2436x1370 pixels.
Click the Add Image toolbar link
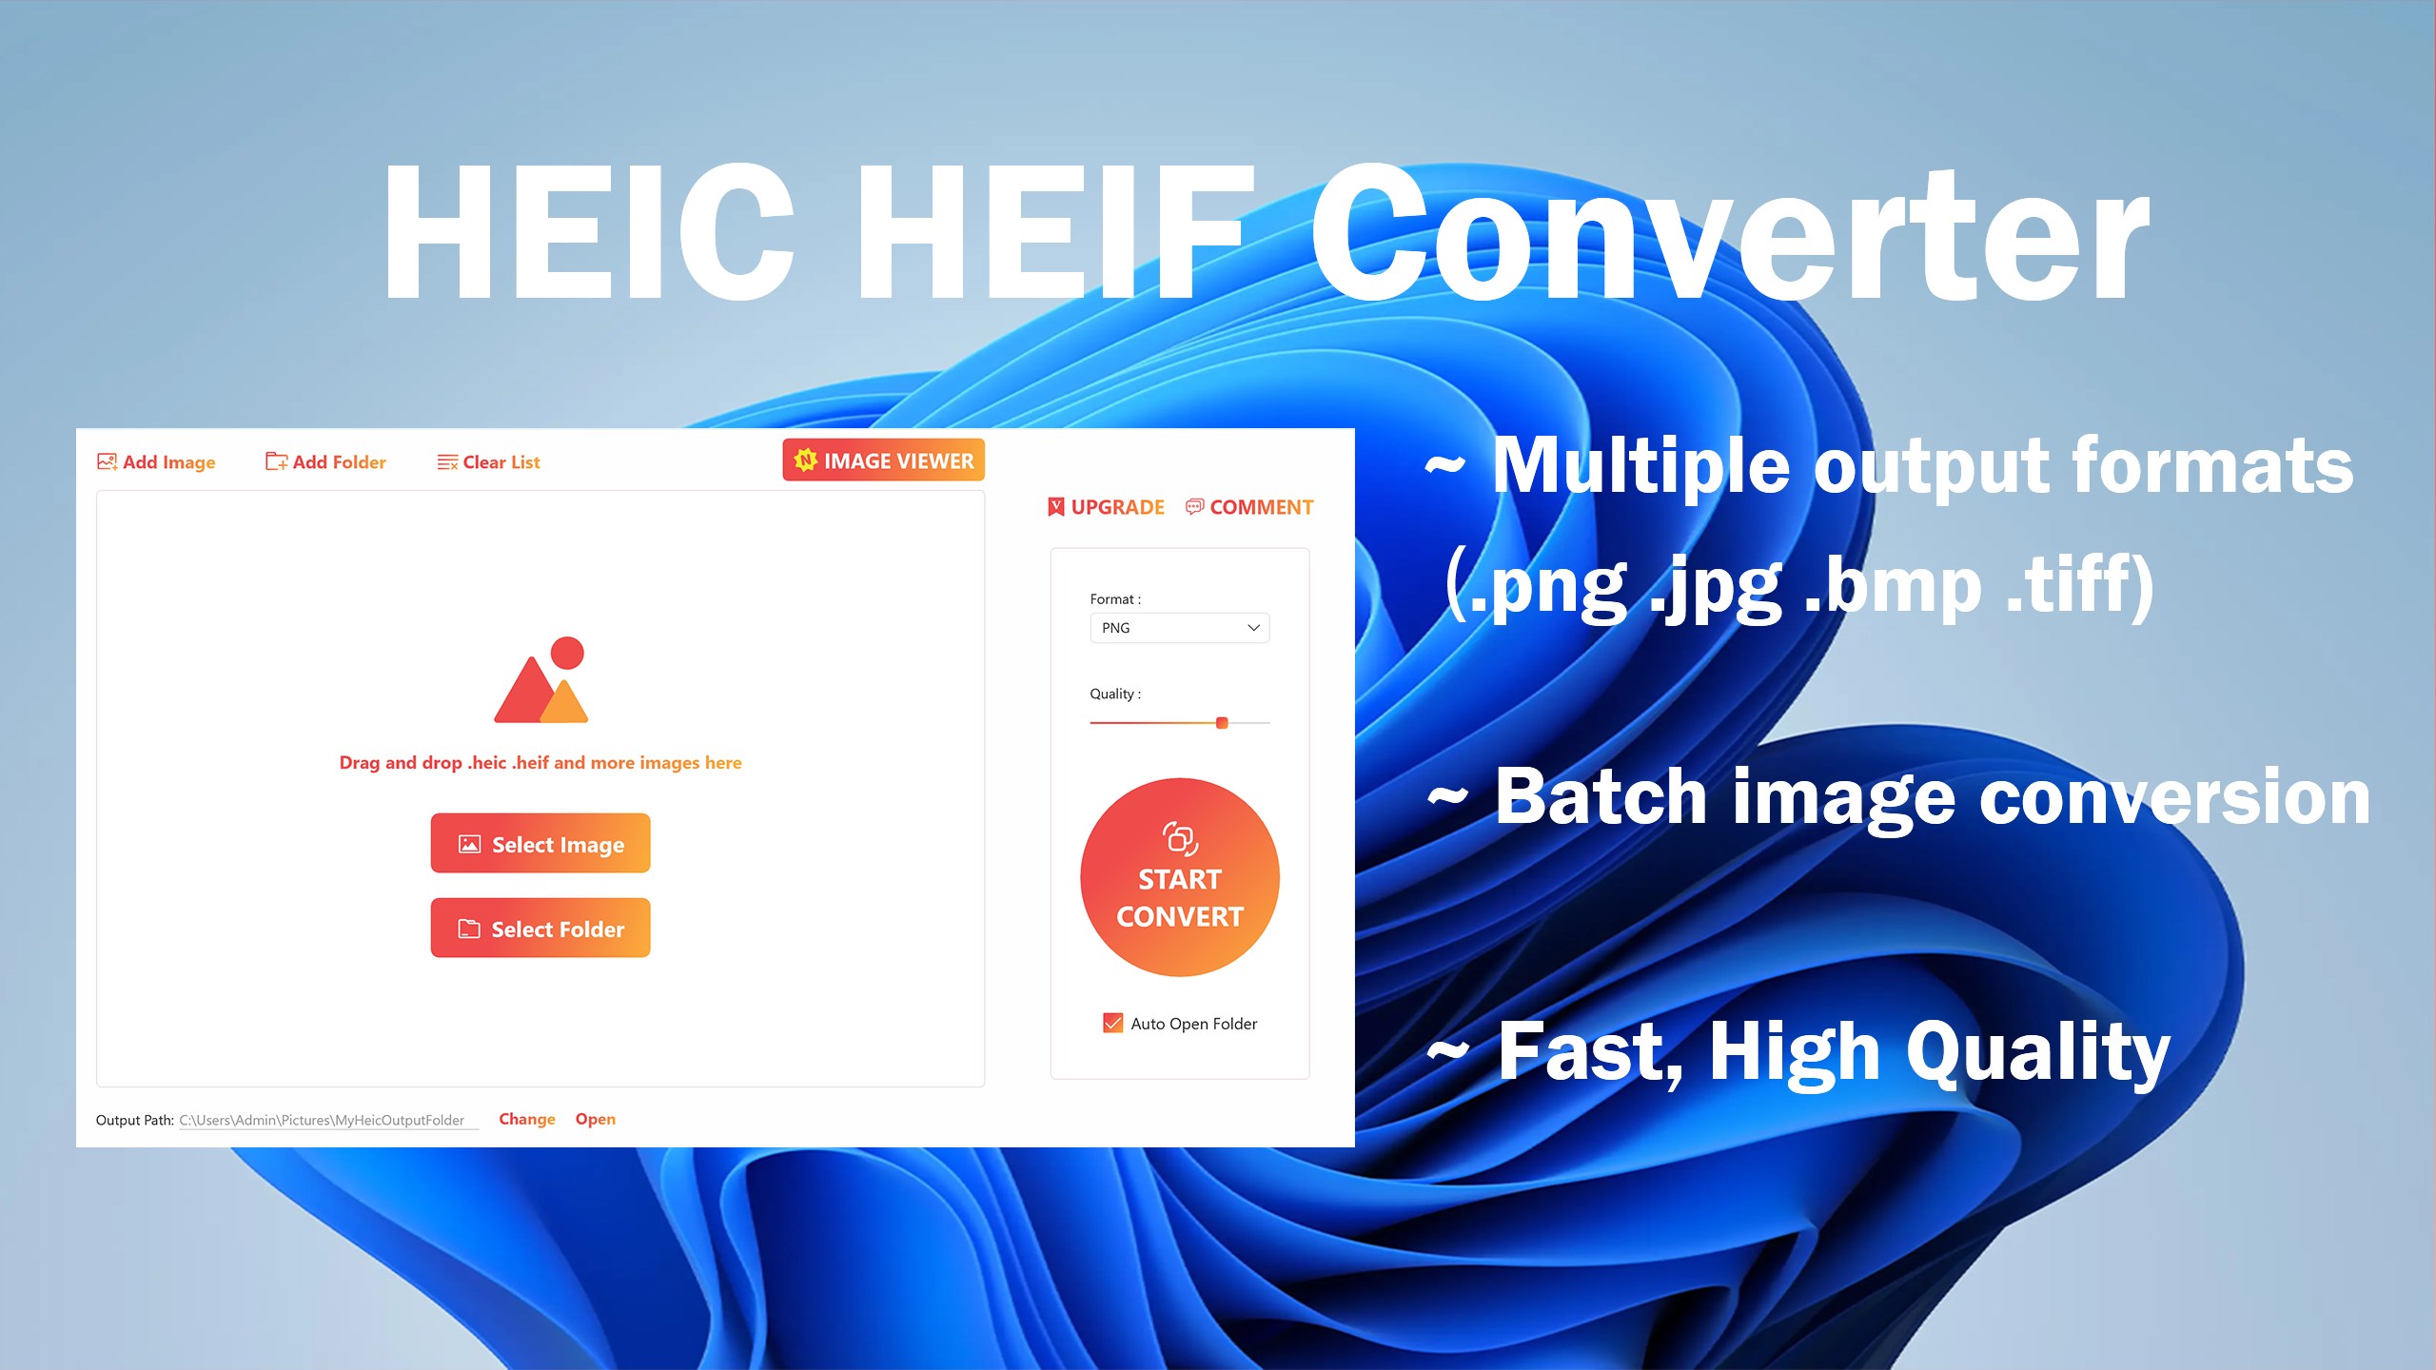(157, 462)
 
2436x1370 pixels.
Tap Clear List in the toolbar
(489, 462)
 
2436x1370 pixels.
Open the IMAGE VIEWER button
(883, 460)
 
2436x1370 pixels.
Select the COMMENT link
(1249, 507)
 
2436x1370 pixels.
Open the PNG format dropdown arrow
(1253, 628)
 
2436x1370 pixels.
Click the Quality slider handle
(1222, 723)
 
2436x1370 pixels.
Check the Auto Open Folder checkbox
(1112, 1024)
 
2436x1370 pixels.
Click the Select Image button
(540, 844)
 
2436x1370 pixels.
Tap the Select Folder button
(540, 929)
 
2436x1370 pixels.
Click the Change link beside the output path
(526, 1119)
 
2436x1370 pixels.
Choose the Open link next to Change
(595, 1119)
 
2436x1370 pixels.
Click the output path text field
(324, 1120)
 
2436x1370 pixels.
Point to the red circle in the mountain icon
(567, 653)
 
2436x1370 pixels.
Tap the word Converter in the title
(1727, 233)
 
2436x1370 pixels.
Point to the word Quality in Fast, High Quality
(2036, 1054)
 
